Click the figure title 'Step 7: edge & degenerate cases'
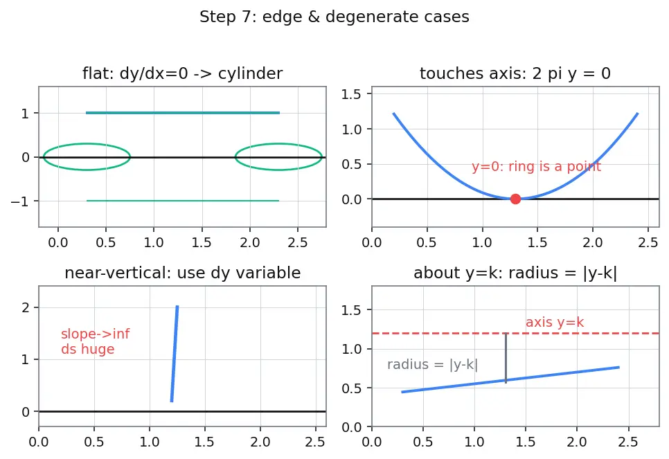tap(334, 17)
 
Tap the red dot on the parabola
tap(515, 199)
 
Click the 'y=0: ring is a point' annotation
tap(536, 166)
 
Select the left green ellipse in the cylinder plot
tap(87, 144)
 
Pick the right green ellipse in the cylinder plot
tap(278, 144)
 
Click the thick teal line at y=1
tap(183, 113)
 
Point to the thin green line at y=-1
tap(183, 201)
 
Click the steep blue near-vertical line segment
tap(175, 354)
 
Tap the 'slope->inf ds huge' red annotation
tap(95, 341)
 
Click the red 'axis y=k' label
tap(555, 322)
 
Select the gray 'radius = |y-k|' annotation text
tap(432, 364)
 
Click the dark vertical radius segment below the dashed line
tap(506, 358)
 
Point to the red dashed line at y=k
tap(515, 333)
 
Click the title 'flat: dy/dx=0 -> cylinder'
tap(183, 73)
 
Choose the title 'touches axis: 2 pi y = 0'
tap(515, 73)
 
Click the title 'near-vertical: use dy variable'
tap(183, 273)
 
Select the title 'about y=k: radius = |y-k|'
tap(515, 273)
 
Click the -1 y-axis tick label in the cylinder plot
tap(19, 201)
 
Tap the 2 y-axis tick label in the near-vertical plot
tap(26, 307)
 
